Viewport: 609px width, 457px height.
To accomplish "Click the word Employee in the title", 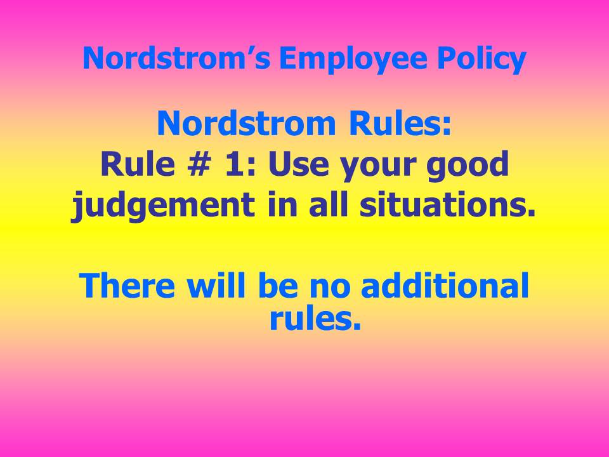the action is (x=352, y=59).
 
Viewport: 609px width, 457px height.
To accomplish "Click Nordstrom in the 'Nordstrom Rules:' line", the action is (x=246, y=123).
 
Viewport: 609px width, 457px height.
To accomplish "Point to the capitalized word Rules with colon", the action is (x=400, y=123).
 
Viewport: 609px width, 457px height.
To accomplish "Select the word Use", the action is (x=299, y=164).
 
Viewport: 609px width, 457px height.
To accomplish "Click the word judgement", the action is (x=163, y=206).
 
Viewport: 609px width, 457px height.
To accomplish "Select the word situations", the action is (x=447, y=204).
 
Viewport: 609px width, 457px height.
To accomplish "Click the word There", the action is (x=127, y=286).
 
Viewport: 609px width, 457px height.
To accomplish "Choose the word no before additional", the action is (x=330, y=289).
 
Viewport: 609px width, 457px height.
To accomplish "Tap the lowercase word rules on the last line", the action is (x=315, y=318).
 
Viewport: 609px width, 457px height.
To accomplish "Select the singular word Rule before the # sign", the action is (x=138, y=164).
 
